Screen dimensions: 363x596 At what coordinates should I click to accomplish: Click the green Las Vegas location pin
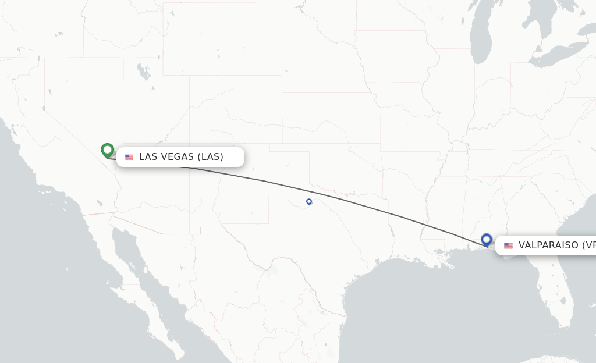pyautogui.click(x=107, y=150)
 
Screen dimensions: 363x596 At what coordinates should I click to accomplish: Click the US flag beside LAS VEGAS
pyautogui.click(x=129, y=157)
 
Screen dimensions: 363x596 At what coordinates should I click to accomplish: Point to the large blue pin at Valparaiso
pyautogui.click(x=487, y=239)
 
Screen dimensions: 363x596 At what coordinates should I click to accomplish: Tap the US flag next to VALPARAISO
pyautogui.click(x=508, y=245)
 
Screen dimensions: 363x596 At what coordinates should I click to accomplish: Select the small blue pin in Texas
pyautogui.click(x=309, y=201)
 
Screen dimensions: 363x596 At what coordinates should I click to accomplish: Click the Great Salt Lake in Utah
pyautogui.click(x=142, y=72)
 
